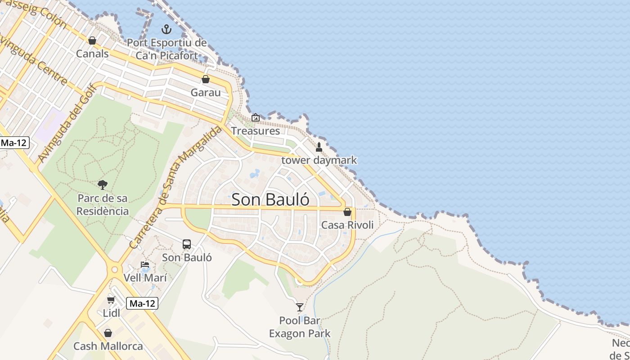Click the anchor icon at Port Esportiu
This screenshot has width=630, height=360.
[x=167, y=30]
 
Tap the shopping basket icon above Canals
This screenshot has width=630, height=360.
[x=92, y=40]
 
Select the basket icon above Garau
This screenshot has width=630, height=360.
[x=206, y=79]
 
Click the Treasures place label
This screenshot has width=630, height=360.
[x=255, y=131]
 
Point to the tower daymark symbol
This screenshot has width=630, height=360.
[x=319, y=147]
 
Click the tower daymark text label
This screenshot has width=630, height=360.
[x=319, y=160]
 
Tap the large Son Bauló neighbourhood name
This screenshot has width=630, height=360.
[x=270, y=200]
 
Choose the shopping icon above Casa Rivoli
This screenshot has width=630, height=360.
[x=347, y=212]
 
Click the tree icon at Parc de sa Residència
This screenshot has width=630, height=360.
[x=103, y=184]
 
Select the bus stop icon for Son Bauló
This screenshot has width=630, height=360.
[x=187, y=244]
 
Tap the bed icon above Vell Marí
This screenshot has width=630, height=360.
[x=145, y=265]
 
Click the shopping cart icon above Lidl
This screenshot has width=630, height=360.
[x=111, y=300]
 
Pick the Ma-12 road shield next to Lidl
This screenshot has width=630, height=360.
[x=142, y=304]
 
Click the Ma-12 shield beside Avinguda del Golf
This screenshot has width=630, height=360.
[x=14, y=143]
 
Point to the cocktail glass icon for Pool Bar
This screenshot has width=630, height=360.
[x=300, y=307]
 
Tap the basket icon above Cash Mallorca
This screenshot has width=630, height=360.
[x=108, y=333]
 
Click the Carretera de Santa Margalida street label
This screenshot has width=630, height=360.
[x=175, y=187]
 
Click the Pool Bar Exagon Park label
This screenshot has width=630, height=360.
[x=300, y=327]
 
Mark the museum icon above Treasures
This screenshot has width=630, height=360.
[x=256, y=117]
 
